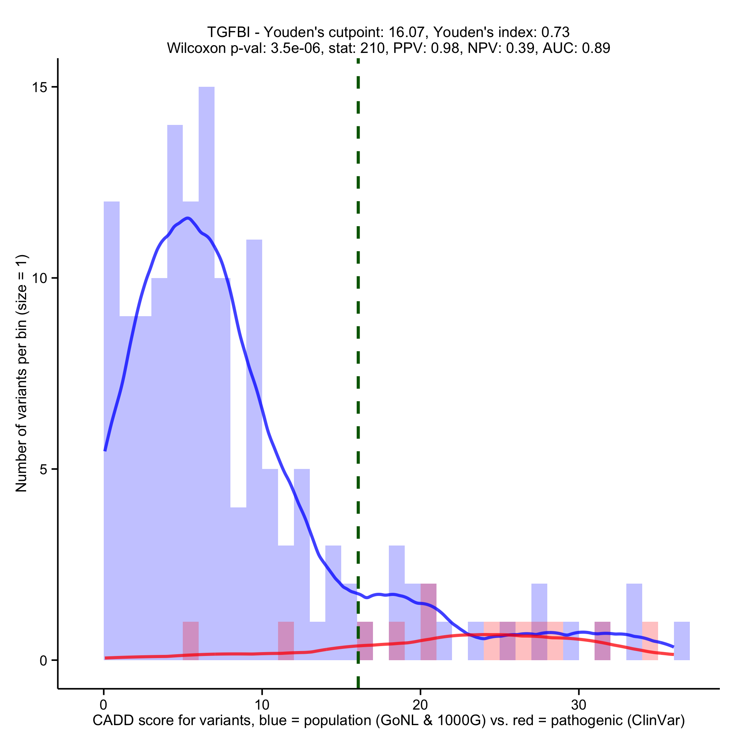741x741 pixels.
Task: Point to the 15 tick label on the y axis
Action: coord(39,87)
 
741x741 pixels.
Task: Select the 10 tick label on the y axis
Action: coord(39,278)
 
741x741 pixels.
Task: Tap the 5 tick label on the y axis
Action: coord(43,469)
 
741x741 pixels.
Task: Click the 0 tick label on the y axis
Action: coord(43,661)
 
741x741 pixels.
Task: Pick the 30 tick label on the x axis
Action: coord(579,705)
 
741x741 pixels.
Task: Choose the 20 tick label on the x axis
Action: coord(420,705)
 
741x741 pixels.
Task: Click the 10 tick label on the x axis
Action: coord(262,705)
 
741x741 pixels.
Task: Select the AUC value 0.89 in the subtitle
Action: coord(596,48)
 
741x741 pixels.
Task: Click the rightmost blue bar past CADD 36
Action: coord(682,641)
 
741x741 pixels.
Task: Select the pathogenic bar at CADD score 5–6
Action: coord(191,641)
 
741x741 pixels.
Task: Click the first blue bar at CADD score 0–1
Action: coord(112,422)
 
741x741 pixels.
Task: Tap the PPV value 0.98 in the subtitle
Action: coord(445,48)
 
